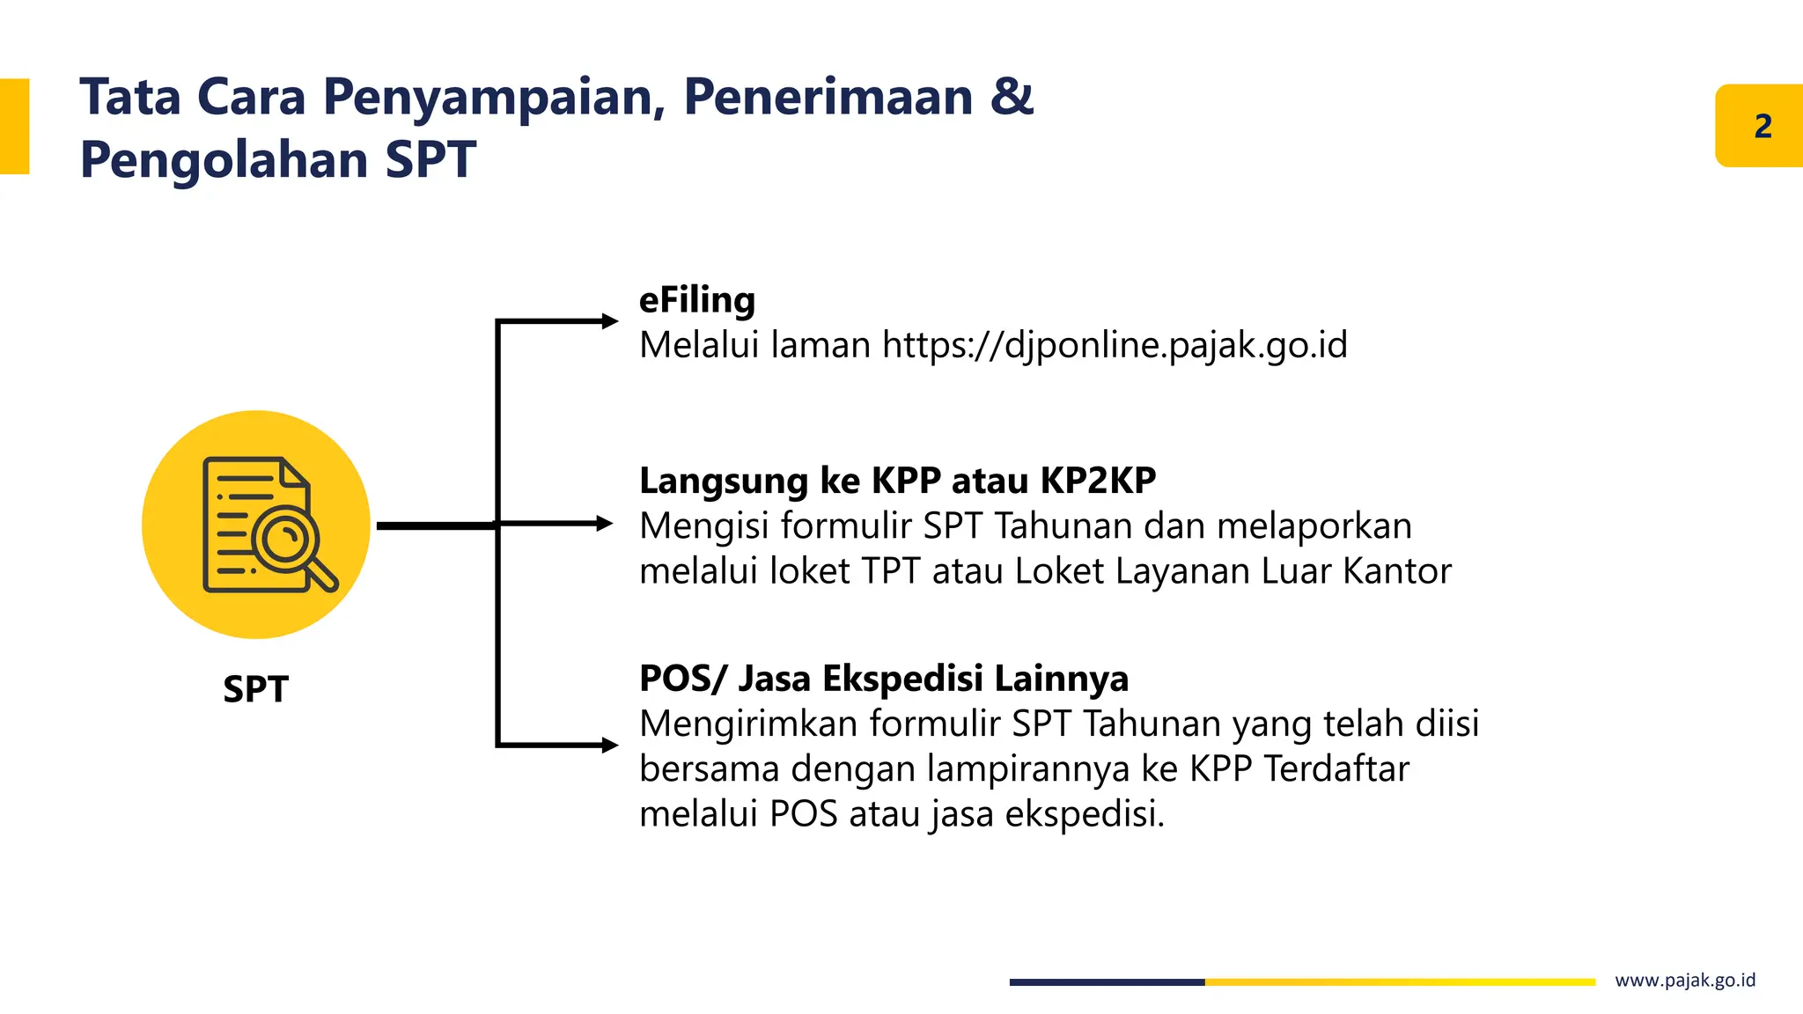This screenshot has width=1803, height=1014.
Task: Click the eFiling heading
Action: (x=696, y=300)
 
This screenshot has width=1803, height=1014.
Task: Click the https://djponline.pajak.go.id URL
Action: (x=1115, y=345)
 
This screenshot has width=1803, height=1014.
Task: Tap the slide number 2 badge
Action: (x=1762, y=126)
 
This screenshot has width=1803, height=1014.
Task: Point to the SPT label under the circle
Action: (x=255, y=689)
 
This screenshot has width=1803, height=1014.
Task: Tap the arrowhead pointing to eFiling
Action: (x=609, y=321)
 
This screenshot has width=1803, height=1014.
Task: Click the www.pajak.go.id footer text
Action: (x=1684, y=981)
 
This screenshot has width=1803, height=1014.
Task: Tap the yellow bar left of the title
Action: (x=14, y=126)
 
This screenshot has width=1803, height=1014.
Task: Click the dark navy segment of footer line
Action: (x=1106, y=981)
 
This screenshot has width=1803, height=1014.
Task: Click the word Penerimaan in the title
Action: (x=828, y=96)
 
